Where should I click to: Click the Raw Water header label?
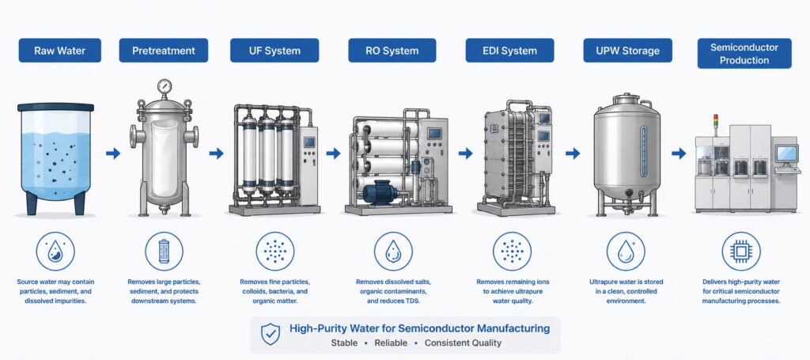[x=60, y=51]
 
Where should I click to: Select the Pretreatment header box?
[x=163, y=51]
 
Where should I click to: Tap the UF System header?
[x=274, y=51]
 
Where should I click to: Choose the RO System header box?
[x=392, y=51]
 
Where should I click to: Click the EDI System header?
[x=510, y=51]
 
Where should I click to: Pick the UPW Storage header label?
[x=627, y=51]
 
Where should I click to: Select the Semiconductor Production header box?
[x=744, y=54]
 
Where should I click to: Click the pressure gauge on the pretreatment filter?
[x=165, y=86]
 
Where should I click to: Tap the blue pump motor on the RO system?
[x=380, y=194]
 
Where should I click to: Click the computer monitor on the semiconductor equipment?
[x=786, y=153]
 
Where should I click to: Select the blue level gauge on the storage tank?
[x=643, y=150]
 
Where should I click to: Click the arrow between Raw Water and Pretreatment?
[x=113, y=153]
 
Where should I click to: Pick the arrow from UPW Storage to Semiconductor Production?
[x=679, y=153]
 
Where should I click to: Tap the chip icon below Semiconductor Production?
[x=740, y=252]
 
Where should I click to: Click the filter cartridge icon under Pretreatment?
[x=164, y=252]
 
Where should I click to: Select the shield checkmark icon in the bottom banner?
[x=271, y=334]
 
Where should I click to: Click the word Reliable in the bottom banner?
[x=391, y=343]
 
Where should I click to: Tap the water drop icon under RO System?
[x=393, y=252]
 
